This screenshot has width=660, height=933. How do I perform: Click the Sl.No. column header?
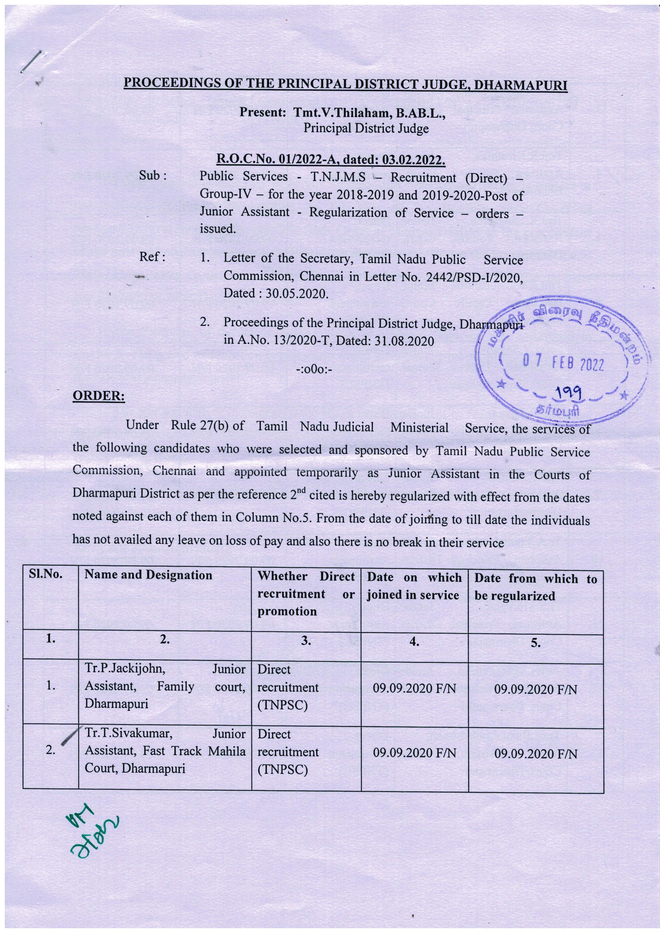coord(45,575)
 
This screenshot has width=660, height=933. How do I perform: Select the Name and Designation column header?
coord(148,575)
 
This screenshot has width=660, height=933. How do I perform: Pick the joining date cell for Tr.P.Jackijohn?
coord(414,689)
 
